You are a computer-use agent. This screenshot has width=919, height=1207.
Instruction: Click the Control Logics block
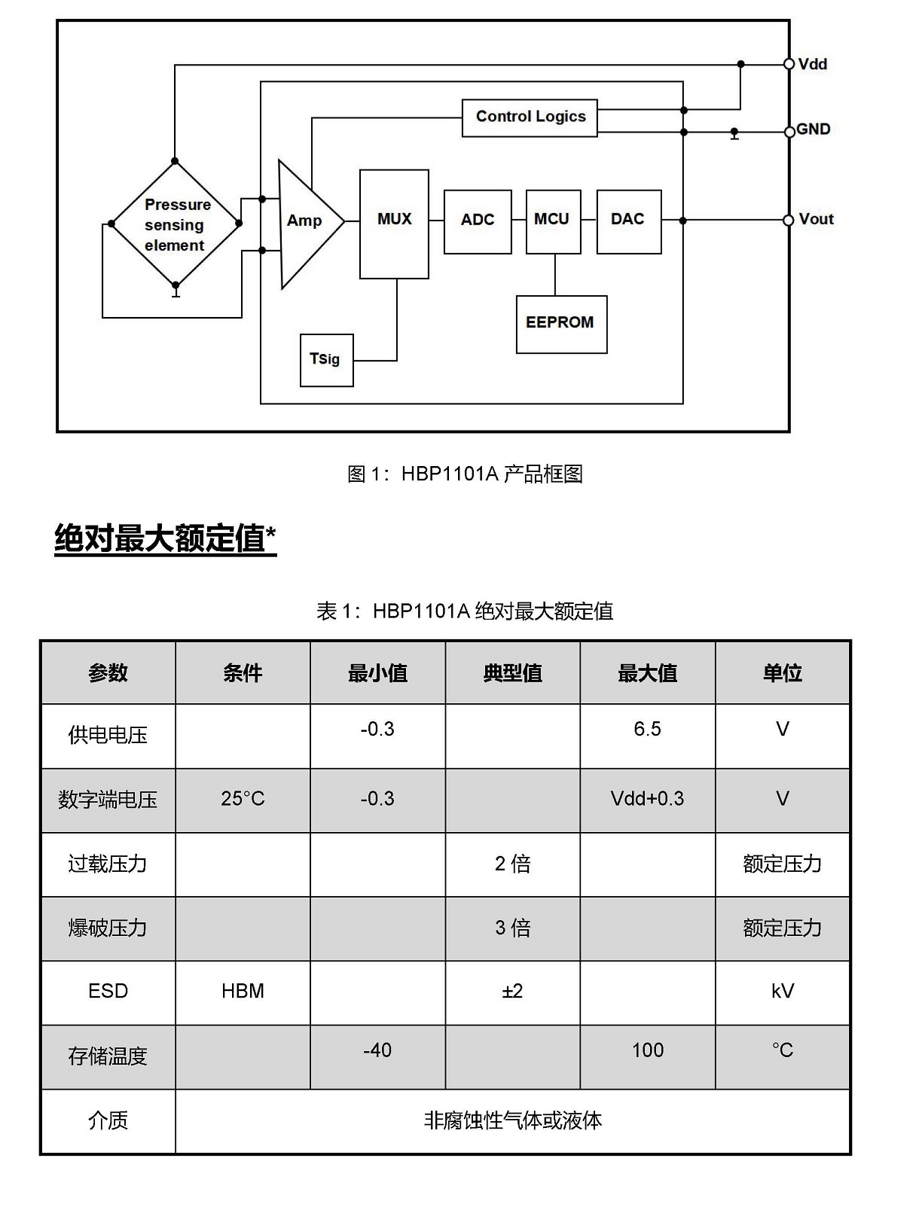(x=529, y=117)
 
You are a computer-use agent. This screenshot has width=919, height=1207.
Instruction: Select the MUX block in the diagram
(x=394, y=224)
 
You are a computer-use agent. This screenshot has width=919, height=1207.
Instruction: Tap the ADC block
(x=478, y=221)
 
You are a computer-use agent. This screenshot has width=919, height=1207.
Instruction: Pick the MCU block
(x=553, y=221)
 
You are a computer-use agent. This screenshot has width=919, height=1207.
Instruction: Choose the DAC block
(x=629, y=221)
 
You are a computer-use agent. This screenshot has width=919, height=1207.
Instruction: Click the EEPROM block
(x=561, y=324)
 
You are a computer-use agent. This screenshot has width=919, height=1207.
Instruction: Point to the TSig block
(x=326, y=360)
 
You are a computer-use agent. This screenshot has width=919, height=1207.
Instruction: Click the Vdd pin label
(x=812, y=64)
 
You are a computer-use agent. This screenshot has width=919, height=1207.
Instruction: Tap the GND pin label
(x=813, y=130)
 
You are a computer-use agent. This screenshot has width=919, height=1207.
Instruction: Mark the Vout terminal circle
(x=788, y=220)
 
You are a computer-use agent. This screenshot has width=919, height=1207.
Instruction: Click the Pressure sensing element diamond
(x=176, y=224)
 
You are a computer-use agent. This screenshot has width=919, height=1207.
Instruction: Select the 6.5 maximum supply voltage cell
(x=647, y=735)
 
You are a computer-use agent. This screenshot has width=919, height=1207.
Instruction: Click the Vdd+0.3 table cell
(x=647, y=800)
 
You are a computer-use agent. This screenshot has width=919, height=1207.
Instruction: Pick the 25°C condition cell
(x=243, y=800)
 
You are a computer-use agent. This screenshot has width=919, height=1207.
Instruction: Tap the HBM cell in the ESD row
(x=243, y=992)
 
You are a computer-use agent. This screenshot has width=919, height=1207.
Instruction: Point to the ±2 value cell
(x=512, y=992)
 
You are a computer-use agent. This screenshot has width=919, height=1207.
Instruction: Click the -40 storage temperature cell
(x=377, y=1056)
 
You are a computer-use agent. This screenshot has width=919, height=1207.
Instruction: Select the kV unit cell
(x=782, y=992)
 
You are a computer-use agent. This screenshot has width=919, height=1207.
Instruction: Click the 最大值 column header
(x=647, y=672)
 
